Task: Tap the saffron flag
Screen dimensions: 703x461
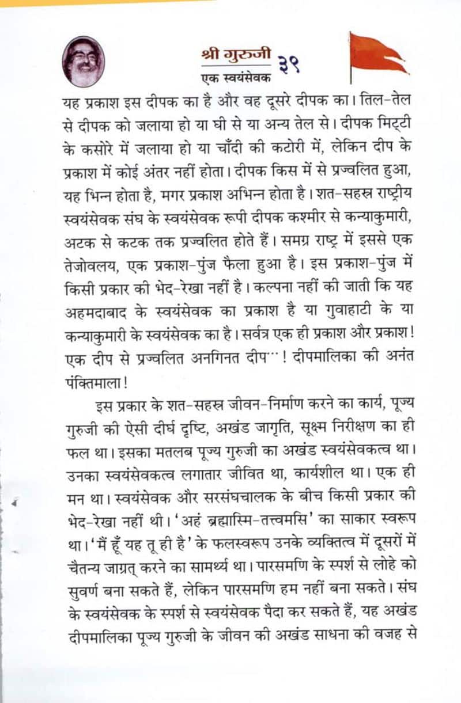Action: click(x=377, y=55)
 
